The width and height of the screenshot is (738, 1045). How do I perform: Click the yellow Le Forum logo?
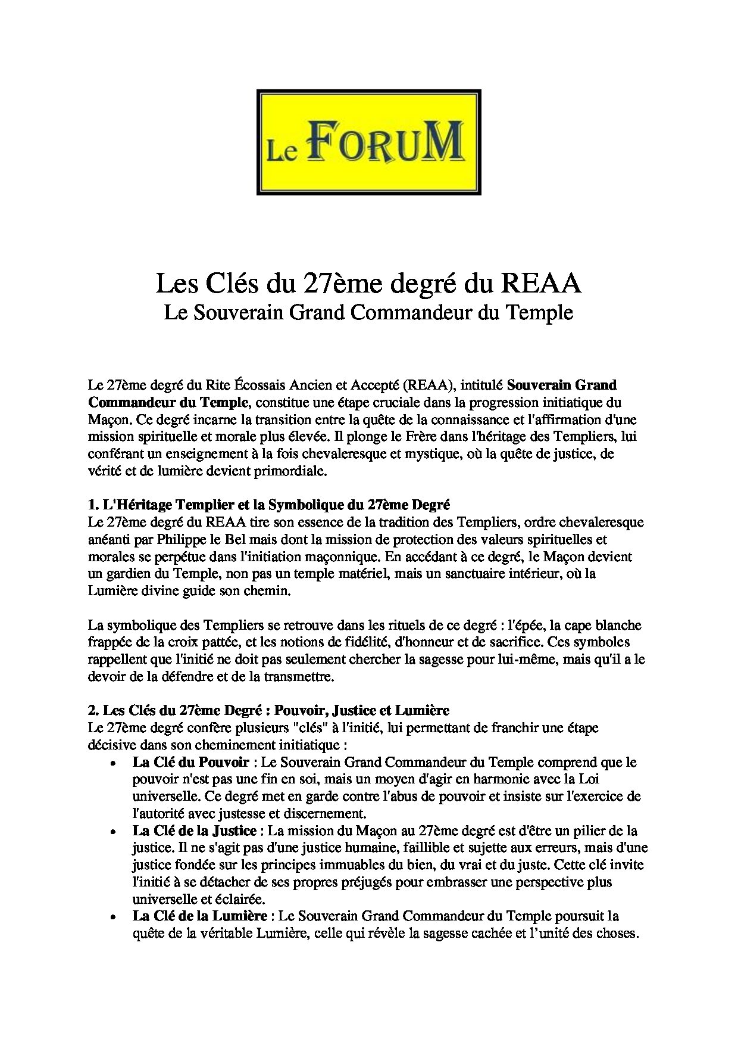[368, 142]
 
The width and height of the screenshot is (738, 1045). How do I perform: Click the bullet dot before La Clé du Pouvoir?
[113, 763]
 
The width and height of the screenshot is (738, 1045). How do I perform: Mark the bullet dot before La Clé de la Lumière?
[113, 917]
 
